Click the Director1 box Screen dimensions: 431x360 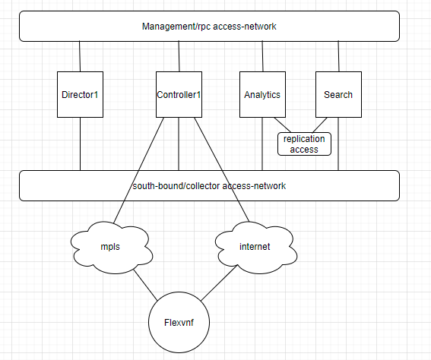coord(80,95)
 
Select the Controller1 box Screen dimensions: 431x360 coord(179,95)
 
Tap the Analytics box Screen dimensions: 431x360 coord(262,95)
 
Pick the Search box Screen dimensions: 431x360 coord(338,95)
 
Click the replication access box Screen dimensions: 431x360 coord(304,144)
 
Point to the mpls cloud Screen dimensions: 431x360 coord(111,248)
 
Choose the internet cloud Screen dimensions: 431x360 coord(255,248)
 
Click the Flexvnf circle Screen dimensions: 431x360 coord(179,322)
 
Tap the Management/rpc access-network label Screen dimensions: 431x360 coord(209,27)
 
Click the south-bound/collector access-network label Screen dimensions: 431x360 coord(209,186)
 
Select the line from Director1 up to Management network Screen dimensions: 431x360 coord(80,56)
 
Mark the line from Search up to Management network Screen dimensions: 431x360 coord(339,56)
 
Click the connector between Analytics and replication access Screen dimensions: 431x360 coord(282,125)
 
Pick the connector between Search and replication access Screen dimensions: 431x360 coord(320,125)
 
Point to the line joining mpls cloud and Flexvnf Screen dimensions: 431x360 coord(146,285)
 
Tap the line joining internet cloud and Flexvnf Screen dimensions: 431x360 coord(219,283)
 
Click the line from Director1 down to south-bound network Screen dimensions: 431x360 coord(80,144)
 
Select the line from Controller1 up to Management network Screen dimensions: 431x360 coord(179,56)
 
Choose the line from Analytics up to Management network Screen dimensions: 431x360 coord(262,56)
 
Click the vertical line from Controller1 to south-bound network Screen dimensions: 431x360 coord(179,144)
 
